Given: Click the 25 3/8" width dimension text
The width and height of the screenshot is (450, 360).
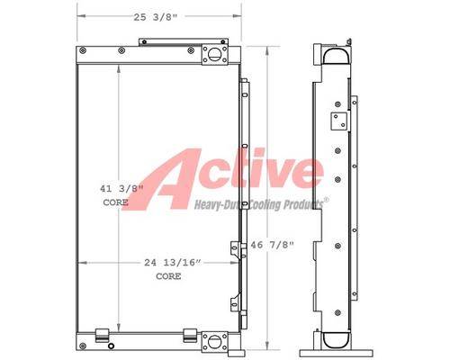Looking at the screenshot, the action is coord(156,17).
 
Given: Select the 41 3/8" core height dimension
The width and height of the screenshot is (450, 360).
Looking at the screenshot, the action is coord(121,189).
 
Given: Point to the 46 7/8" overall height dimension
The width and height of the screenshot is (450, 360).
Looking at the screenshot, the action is coord(273,245).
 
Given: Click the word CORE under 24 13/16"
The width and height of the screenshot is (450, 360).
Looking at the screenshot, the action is coord(168,276).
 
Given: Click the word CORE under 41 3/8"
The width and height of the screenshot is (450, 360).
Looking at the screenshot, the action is coord(115,202).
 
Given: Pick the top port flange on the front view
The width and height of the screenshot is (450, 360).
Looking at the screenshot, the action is coord(214,54).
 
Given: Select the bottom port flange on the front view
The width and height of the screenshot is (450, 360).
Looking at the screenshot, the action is coord(214,341).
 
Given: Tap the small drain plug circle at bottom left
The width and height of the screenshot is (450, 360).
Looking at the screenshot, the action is coord(111,346).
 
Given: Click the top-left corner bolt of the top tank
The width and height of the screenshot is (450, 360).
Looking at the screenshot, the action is coord(83,50).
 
